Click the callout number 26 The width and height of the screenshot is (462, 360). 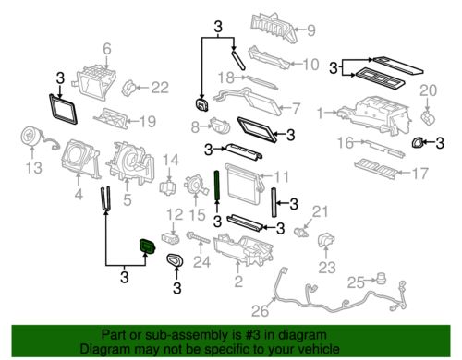[260, 311]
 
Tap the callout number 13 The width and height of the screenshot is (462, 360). [33, 168]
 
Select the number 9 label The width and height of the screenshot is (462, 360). [310, 30]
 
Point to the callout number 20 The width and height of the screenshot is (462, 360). [429, 90]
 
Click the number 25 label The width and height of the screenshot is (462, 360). [356, 282]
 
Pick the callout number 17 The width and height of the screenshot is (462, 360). [419, 174]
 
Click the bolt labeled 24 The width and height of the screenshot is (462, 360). [198, 237]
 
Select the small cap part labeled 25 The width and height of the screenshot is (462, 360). [381, 279]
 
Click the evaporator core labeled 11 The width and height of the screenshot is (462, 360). [243, 185]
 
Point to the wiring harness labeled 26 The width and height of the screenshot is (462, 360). [340, 295]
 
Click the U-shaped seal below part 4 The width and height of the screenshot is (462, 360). [105, 199]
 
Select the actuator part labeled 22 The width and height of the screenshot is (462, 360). [129, 88]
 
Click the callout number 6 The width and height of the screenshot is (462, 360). [106, 49]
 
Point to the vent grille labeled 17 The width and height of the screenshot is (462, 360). [377, 169]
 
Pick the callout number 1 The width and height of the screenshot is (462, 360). [321, 113]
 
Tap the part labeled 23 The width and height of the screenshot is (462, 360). [326, 241]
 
